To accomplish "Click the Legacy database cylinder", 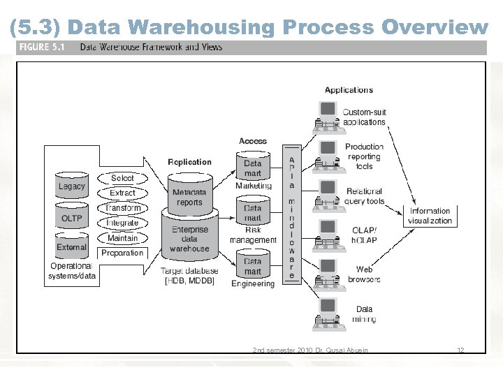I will (x=71, y=185).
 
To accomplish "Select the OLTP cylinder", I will (x=71, y=217).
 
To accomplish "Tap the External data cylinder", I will (x=71, y=246).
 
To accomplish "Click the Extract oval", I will (x=122, y=193).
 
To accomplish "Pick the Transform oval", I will (x=122, y=208).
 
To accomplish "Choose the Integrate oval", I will (x=122, y=223).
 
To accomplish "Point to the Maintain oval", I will (x=122, y=238).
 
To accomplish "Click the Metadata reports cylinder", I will (x=189, y=196).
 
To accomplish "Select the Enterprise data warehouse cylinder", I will (x=189, y=237).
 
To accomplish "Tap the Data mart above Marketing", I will (x=253, y=168).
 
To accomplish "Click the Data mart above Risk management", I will (x=253, y=213).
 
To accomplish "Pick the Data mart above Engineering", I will (x=253, y=266).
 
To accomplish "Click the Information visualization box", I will (x=430, y=216).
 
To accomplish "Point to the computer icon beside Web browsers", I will (x=327, y=274).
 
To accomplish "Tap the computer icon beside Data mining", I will (x=327, y=313).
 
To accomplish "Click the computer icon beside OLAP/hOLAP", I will (x=327, y=234).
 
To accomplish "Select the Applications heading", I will (x=349, y=90).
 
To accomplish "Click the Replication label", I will (x=189, y=162).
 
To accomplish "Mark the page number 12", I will (x=460, y=350).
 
